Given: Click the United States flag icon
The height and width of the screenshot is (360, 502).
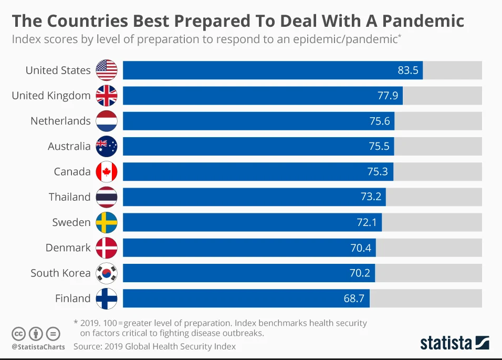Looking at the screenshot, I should click(x=107, y=70).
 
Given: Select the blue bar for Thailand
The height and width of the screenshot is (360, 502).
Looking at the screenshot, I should click(x=254, y=197).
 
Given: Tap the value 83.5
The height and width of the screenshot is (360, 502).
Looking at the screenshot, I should click(x=408, y=70).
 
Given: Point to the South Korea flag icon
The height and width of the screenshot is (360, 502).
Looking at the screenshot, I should click(x=107, y=273).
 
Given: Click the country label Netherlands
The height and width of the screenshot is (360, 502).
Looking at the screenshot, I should click(x=60, y=121).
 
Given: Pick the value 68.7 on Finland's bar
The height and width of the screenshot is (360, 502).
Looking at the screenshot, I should click(x=354, y=299).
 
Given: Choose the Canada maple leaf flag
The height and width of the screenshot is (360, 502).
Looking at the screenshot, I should click(x=107, y=172).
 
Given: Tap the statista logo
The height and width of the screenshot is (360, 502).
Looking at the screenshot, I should click(x=454, y=343).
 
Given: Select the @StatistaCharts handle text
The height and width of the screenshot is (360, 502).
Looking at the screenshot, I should click(x=38, y=347).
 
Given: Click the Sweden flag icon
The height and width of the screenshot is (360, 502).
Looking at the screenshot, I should click(x=107, y=222).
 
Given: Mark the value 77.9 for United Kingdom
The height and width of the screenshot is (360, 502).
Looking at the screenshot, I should click(x=388, y=96).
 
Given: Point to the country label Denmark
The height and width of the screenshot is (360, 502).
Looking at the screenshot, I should click(x=68, y=248).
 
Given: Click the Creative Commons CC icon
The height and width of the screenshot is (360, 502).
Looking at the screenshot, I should click(x=19, y=334).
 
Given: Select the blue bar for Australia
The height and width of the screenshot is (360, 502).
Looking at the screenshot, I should click(x=258, y=146).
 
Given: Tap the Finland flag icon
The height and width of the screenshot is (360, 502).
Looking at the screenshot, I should click(x=107, y=299).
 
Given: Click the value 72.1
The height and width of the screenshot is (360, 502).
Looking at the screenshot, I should click(x=367, y=222).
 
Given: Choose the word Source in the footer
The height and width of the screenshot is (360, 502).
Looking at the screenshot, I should click(x=87, y=347).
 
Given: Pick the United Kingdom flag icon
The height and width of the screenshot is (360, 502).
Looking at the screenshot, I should click(x=107, y=96).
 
